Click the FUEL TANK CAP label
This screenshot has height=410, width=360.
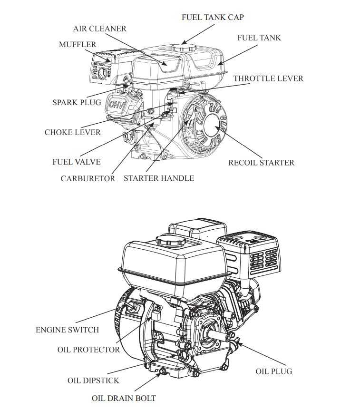213,17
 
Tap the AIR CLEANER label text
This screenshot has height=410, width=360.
100,29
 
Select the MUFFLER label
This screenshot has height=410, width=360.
78,44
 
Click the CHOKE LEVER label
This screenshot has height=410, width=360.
73,132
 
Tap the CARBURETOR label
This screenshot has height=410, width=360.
88,178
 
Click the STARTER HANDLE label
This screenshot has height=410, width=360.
159,178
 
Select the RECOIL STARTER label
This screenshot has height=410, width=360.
261,163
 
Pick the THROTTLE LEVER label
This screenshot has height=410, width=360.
268,78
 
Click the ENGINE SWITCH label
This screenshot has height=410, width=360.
68,330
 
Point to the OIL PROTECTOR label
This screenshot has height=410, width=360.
89,350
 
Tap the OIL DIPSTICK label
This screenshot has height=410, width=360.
93,380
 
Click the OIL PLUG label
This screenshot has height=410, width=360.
274,371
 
